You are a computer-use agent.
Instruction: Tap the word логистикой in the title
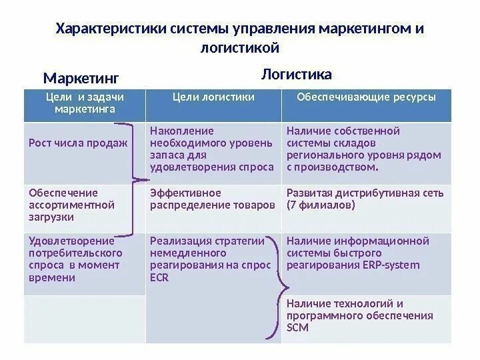237,49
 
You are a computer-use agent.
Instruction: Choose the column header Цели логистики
213,97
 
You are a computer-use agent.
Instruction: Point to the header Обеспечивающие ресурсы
366,97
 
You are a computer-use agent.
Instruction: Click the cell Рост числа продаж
78,143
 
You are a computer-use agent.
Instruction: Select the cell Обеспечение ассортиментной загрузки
72,205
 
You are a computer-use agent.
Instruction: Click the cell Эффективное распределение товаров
212,199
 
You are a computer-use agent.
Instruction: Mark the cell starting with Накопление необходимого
212,149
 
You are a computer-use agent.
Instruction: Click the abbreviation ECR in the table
160,278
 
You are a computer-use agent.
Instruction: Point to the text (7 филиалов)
321,205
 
